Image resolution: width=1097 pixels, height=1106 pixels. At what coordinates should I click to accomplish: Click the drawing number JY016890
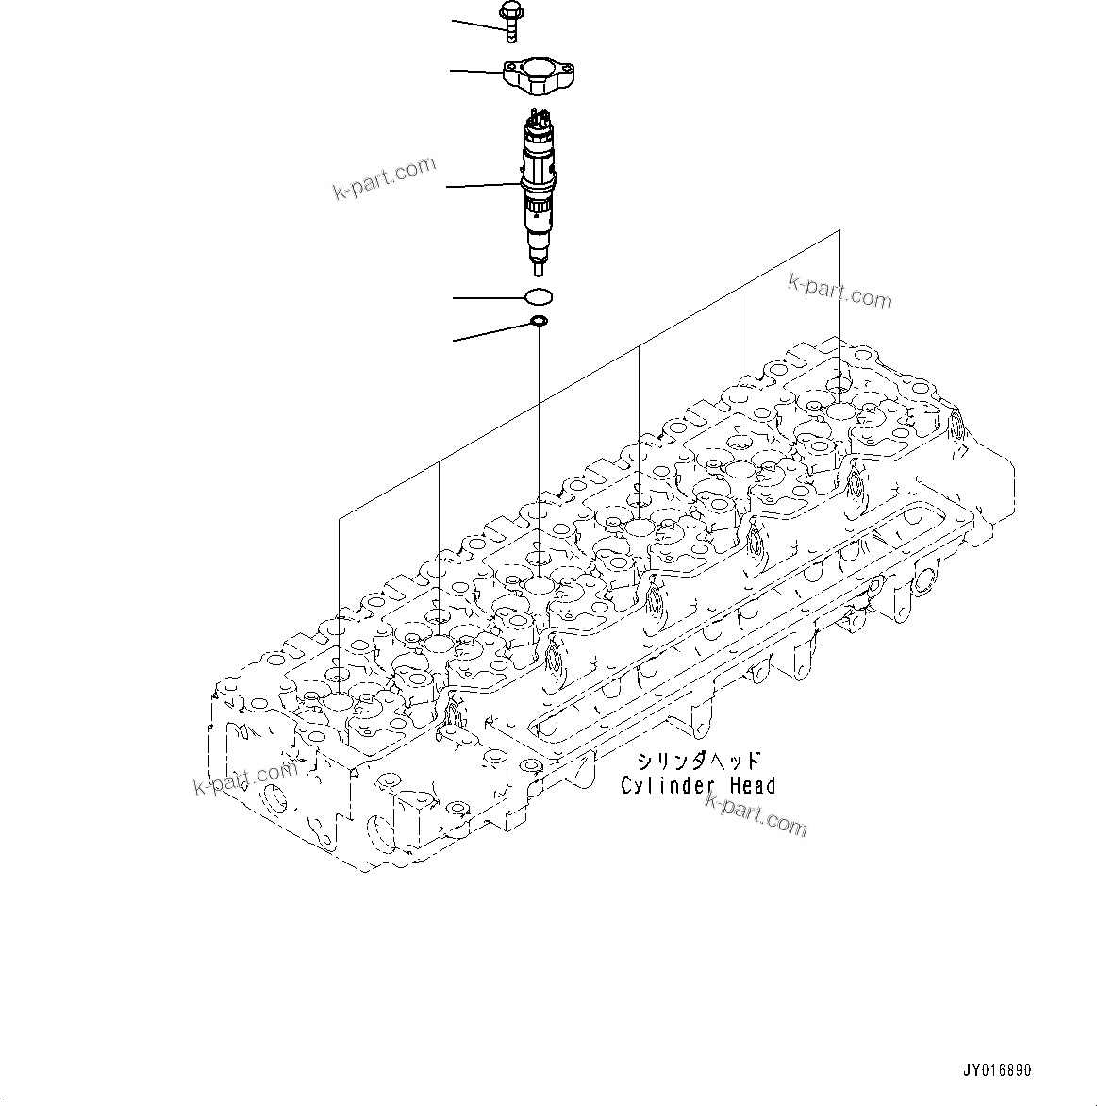point(997,1071)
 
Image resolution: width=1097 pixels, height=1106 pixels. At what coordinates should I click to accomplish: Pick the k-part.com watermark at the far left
point(243,777)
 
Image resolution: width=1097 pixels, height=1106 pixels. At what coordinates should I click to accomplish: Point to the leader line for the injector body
point(483,186)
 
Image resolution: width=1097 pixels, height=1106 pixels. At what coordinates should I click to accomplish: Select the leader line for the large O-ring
point(489,298)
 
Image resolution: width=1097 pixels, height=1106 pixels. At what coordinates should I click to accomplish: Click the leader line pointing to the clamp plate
point(477,71)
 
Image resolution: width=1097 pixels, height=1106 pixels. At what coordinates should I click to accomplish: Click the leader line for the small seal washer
point(491,332)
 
